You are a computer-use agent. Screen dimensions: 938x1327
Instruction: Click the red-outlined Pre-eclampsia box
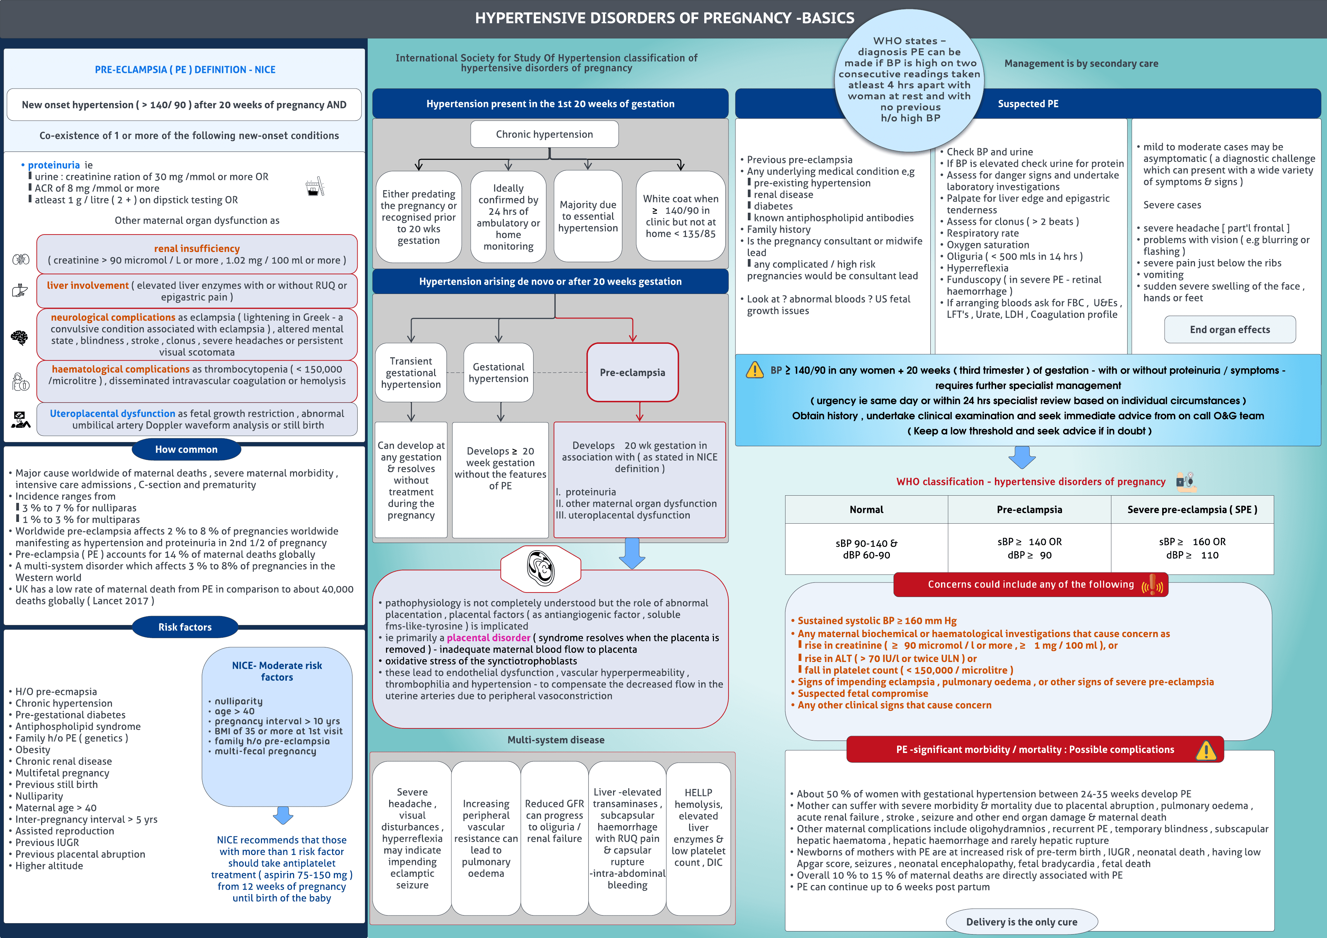click(632, 373)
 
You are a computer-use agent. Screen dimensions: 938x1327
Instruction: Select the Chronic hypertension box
click(544, 134)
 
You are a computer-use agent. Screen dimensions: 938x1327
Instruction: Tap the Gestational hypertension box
click(498, 373)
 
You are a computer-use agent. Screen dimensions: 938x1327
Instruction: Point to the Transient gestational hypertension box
click(411, 373)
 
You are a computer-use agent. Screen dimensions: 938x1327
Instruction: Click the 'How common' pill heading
click(186, 449)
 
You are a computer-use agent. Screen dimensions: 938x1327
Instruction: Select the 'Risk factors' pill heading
click(185, 627)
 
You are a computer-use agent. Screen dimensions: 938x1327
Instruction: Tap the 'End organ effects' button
click(1229, 330)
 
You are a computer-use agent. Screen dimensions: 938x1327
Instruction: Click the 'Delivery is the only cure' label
click(1021, 922)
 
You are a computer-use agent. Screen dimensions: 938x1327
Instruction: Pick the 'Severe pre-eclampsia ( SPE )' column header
click(1192, 509)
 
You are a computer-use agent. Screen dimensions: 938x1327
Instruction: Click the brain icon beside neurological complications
click(20, 337)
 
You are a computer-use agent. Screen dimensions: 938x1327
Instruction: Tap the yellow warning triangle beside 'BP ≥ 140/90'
click(754, 370)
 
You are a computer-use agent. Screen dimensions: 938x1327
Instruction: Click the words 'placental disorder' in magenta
click(488, 638)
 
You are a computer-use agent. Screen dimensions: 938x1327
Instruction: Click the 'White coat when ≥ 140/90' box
click(680, 216)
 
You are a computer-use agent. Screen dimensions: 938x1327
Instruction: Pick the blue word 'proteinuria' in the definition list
click(54, 165)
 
